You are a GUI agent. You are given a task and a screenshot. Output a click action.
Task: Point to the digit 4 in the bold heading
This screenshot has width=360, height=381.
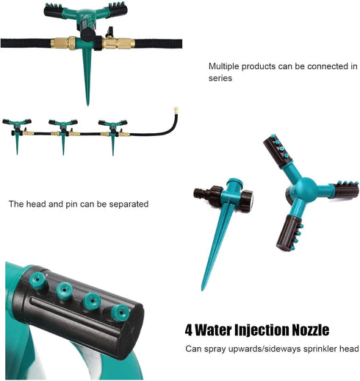(189, 330)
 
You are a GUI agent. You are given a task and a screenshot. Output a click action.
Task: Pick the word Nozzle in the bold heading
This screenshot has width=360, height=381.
(309, 330)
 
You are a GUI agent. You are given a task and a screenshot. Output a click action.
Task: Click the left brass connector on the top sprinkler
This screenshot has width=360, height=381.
(61, 43)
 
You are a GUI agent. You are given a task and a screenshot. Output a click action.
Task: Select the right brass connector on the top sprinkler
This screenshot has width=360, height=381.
(116, 43)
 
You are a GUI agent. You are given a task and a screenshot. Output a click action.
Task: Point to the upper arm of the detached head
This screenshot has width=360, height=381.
(277, 150)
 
